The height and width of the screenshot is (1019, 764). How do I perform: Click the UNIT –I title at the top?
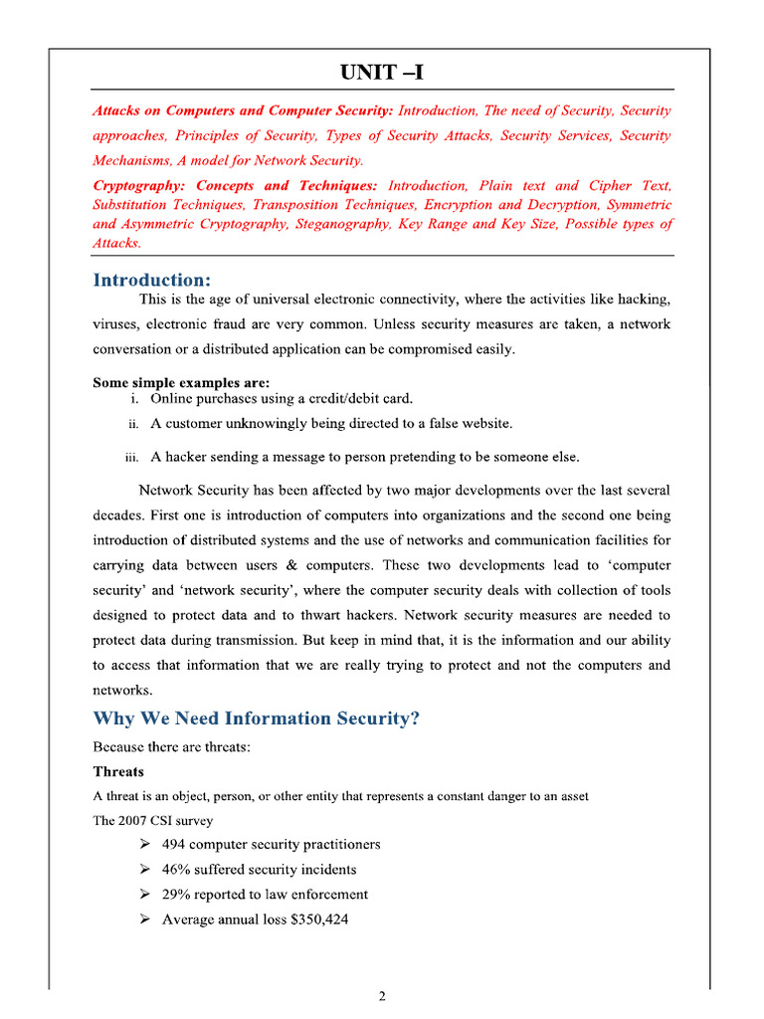click(382, 74)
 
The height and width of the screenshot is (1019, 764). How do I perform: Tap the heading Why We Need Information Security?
click(256, 717)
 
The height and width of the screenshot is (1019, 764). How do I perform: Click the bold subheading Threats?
click(118, 771)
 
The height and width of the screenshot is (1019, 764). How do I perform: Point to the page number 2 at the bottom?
click(382, 998)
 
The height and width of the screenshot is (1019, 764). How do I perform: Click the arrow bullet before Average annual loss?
click(143, 918)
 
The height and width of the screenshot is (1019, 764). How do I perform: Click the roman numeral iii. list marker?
click(130, 458)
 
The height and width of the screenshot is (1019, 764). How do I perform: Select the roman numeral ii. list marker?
click(132, 424)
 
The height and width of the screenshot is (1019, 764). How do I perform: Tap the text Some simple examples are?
click(181, 382)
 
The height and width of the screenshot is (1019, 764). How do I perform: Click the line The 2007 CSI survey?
click(152, 820)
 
